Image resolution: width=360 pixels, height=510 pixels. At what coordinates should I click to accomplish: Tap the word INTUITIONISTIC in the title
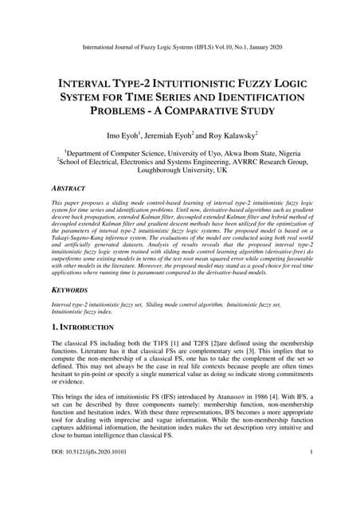pyautogui.click(x=199, y=83)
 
